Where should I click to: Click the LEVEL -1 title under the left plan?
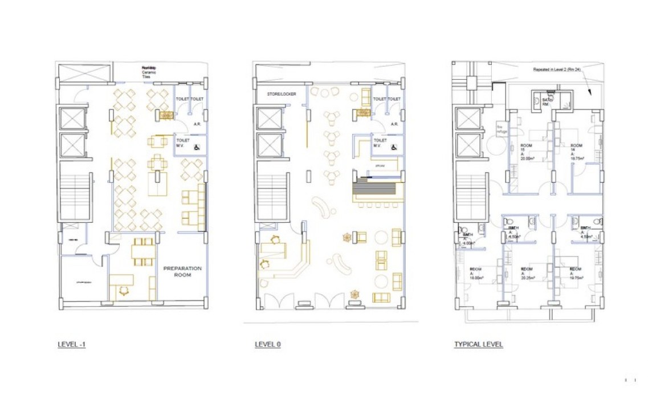pos(72,345)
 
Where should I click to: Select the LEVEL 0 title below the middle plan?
pos(268,345)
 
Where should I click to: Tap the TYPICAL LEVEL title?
pos(478,345)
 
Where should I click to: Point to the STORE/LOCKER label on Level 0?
pos(282,94)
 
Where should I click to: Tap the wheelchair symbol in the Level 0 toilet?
pos(394,147)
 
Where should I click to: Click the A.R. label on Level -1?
pos(196,124)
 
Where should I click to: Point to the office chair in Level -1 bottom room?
pos(124,290)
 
